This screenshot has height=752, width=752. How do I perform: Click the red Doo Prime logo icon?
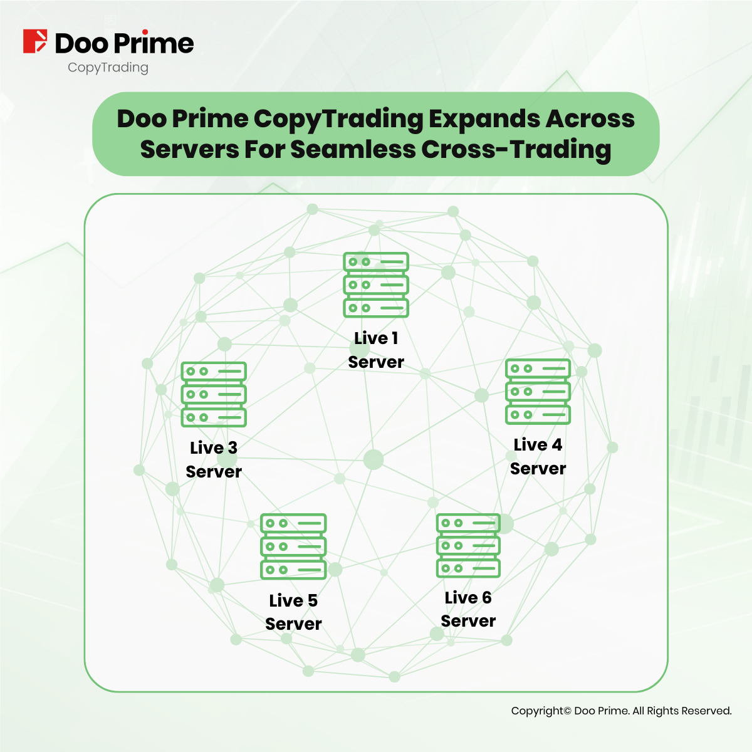[x=35, y=41]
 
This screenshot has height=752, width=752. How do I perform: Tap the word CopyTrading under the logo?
[x=108, y=67]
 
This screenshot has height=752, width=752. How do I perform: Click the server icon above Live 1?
[x=376, y=285]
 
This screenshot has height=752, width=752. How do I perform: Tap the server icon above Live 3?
[x=214, y=394]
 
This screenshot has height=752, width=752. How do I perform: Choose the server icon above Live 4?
[x=538, y=391]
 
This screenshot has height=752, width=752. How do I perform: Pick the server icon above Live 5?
[x=293, y=546]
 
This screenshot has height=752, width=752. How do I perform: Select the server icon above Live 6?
[x=468, y=545]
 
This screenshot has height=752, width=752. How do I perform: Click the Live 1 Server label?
[x=376, y=350]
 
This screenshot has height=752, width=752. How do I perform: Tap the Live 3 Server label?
[x=214, y=459]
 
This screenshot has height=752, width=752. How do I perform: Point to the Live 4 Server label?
[x=538, y=456]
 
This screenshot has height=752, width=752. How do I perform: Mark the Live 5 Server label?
[x=293, y=612]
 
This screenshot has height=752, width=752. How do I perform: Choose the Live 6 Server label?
[x=468, y=609]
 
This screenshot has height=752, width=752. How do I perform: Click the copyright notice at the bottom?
[x=621, y=711]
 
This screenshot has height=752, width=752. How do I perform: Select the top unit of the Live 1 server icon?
[x=376, y=262]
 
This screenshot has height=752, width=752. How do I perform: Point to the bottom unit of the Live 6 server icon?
[x=468, y=568]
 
